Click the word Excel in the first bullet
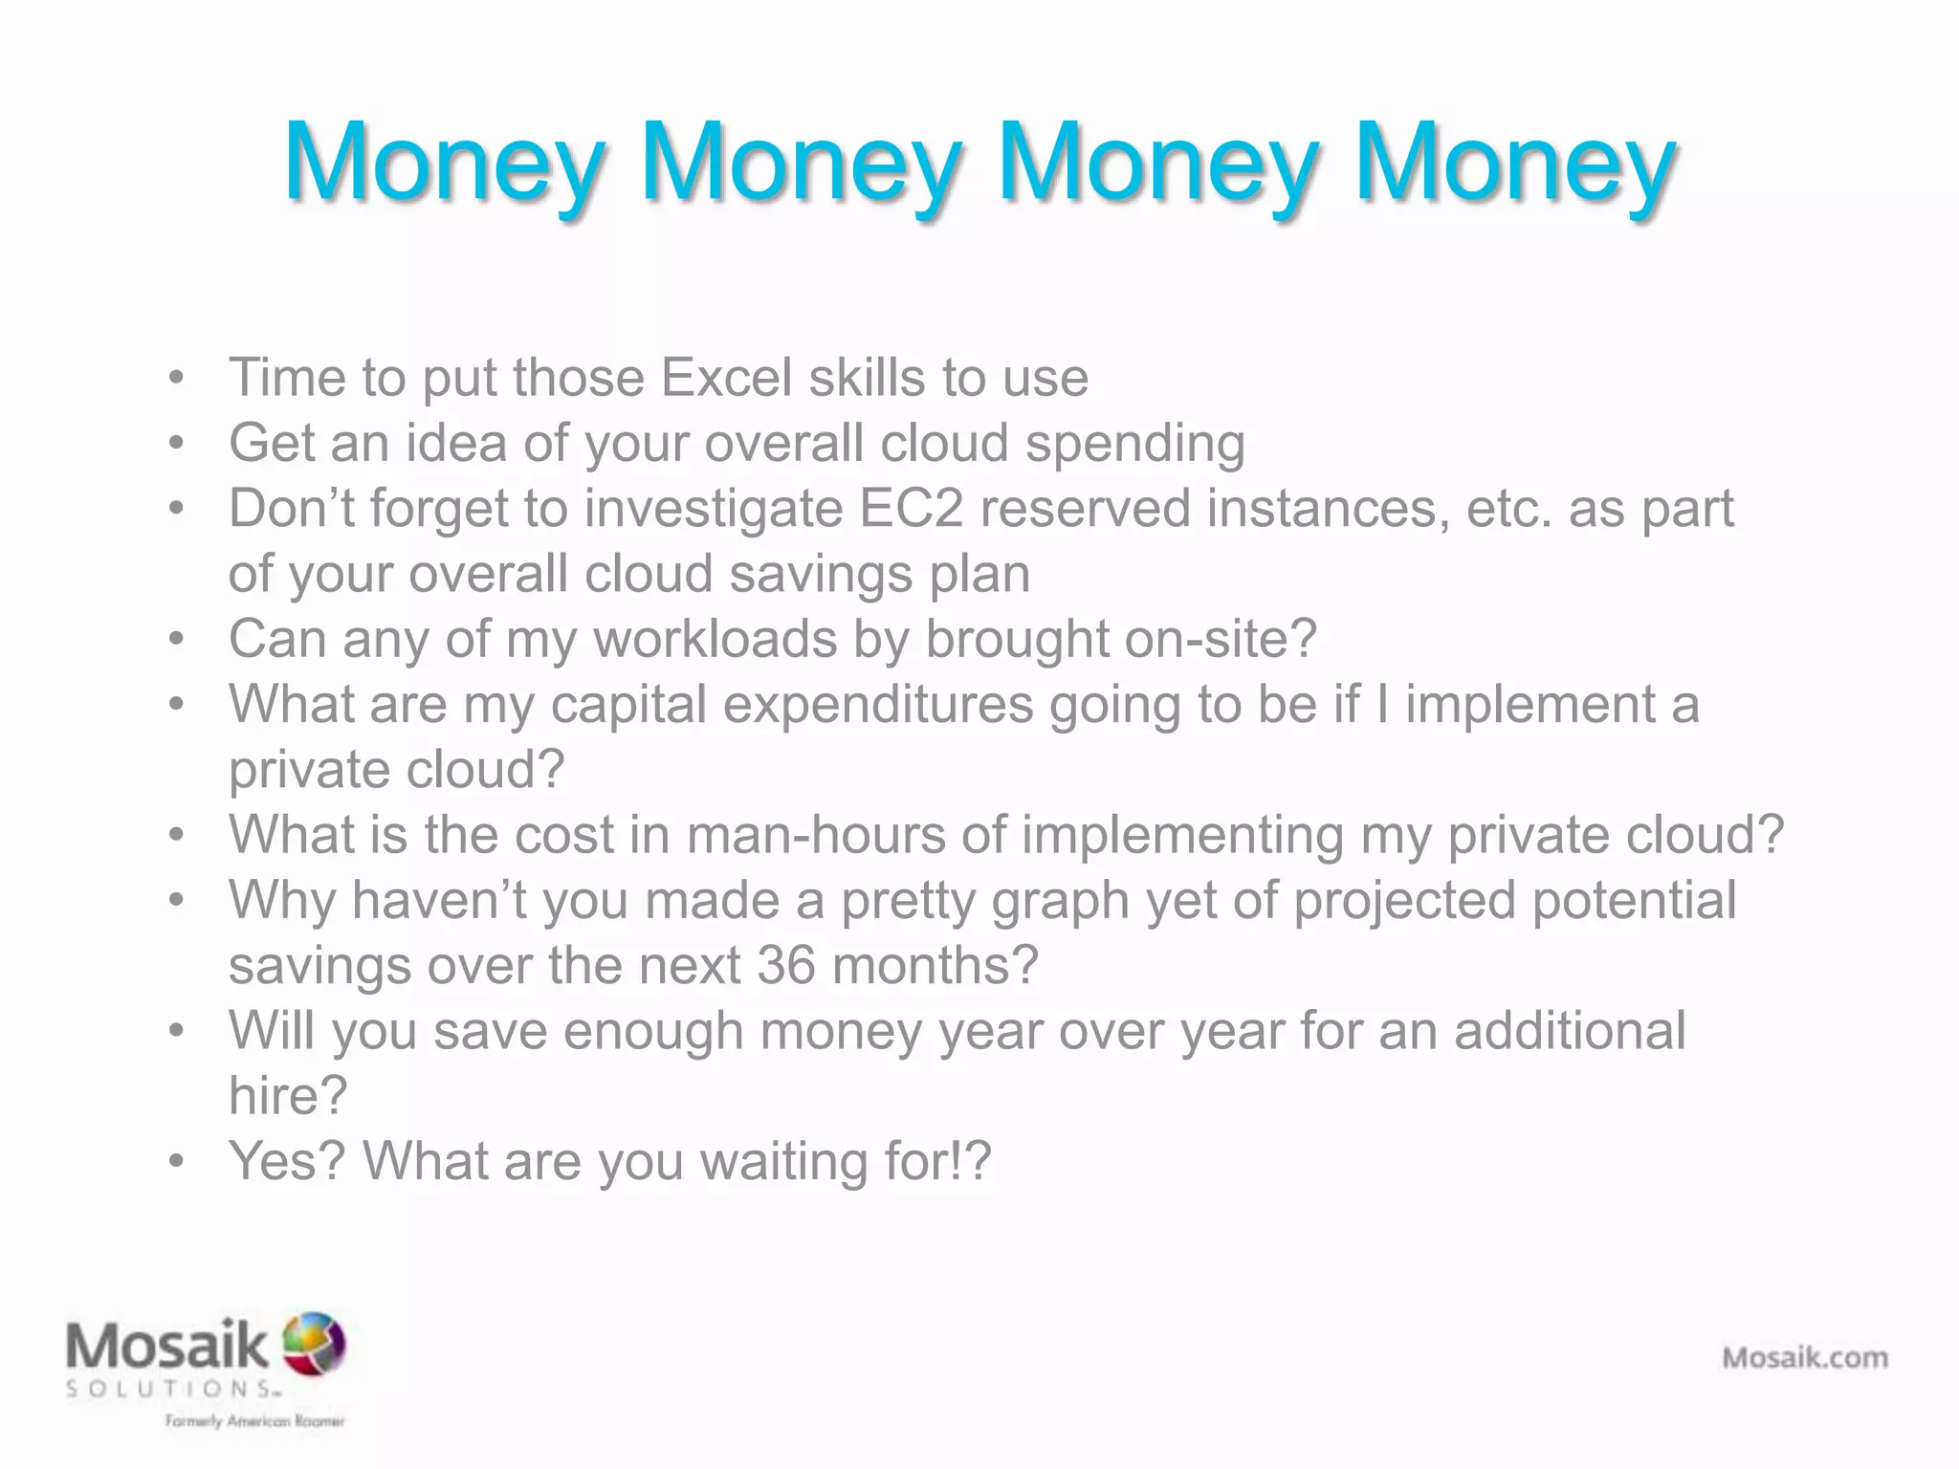pos(726,378)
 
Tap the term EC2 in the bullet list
pos(911,508)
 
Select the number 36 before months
pos(785,965)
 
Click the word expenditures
pos(877,705)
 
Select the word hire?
pos(287,1095)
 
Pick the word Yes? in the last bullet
pos(287,1161)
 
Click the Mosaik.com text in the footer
pos(1805,1357)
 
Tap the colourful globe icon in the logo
pos(314,1343)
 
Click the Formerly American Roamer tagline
pos(254,1421)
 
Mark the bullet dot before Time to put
pos(176,378)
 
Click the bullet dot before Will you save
pos(176,1031)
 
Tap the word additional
pos(1570,1031)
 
